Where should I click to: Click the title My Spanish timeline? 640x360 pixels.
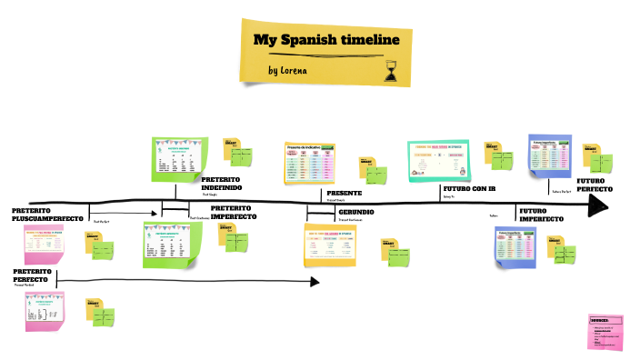pyautogui.click(x=325, y=40)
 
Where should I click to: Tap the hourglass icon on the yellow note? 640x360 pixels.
pyautogui.click(x=392, y=70)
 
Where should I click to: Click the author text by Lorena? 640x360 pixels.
pyautogui.click(x=288, y=70)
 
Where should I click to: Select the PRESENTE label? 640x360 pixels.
pyautogui.click(x=344, y=194)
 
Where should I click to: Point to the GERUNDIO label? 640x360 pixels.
pyautogui.click(x=356, y=212)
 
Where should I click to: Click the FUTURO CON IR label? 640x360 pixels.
pyautogui.click(x=469, y=189)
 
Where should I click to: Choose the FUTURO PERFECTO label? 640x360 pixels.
pyautogui.click(x=595, y=185)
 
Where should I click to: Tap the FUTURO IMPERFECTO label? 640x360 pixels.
pyautogui.click(x=541, y=215)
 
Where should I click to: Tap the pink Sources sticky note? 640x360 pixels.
pyautogui.click(x=606, y=332)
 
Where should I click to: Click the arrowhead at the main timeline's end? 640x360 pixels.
pyautogui.click(x=597, y=207)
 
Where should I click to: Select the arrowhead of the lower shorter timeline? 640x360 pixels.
pyautogui.click(x=314, y=282)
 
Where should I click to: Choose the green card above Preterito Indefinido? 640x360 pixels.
pyautogui.click(x=179, y=158)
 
